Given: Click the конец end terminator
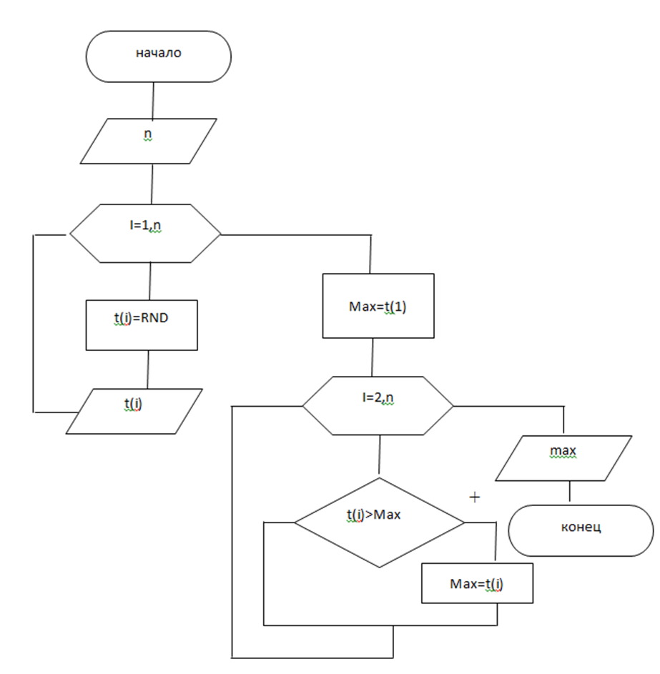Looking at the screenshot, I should [581, 530].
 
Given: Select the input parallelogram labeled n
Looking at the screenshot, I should [148, 141].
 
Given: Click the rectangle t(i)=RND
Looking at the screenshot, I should [142, 324].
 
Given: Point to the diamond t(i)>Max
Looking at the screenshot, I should [380, 522].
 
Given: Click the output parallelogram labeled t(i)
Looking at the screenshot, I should [134, 410].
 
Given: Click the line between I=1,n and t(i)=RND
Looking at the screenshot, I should [149, 282].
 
